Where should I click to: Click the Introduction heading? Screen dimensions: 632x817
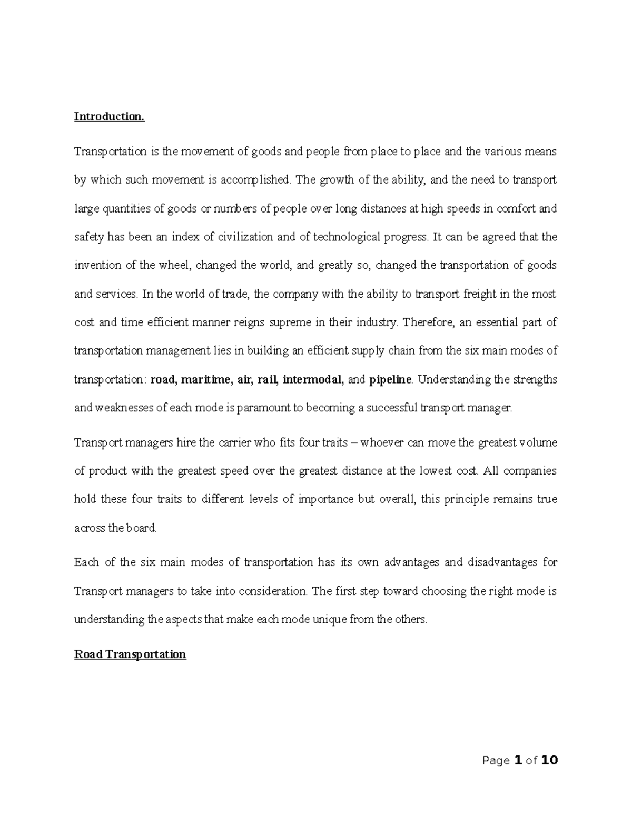[109, 116]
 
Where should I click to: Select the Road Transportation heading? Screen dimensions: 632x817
[130, 654]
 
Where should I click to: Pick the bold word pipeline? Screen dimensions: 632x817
[390, 379]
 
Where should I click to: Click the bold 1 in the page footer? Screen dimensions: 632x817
[518, 760]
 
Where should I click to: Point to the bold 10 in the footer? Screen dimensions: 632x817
[549, 760]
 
